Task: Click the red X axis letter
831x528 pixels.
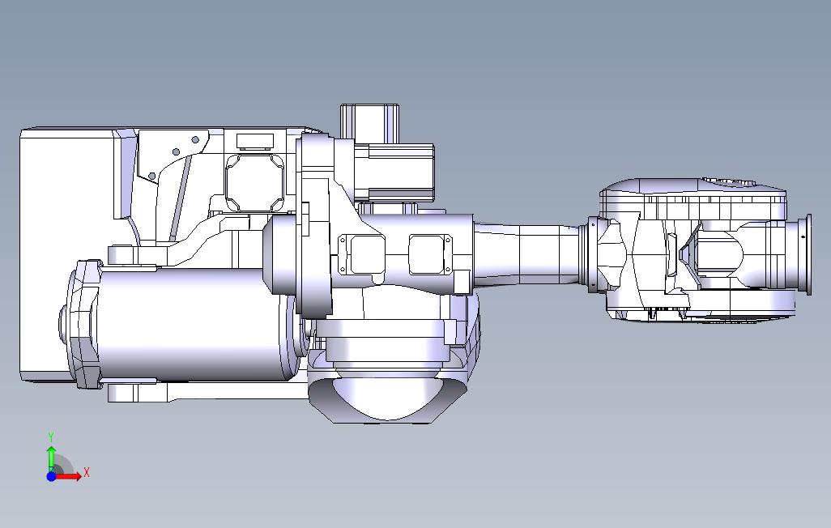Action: [87, 472]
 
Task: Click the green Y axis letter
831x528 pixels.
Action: [51, 437]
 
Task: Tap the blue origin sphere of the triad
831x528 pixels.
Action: [51, 476]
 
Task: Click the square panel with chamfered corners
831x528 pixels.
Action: [254, 183]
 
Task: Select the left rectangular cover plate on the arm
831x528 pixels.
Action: [367, 254]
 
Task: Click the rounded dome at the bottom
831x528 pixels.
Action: [386, 398]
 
